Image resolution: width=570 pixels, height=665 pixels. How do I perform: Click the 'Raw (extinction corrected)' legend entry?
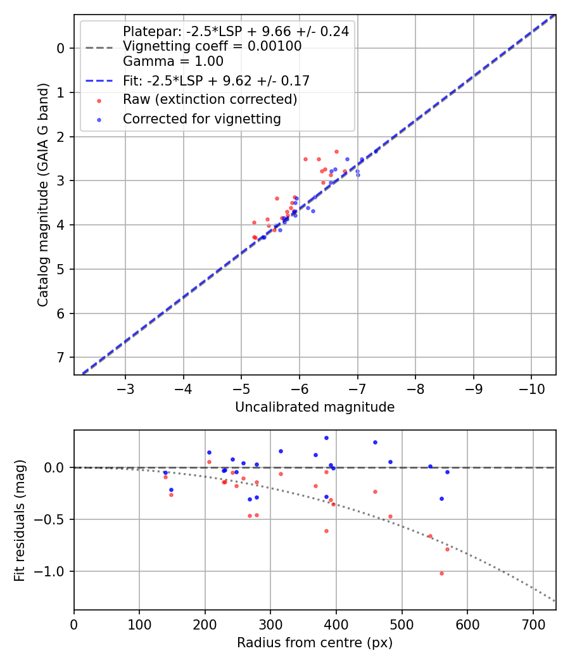coord(210,99)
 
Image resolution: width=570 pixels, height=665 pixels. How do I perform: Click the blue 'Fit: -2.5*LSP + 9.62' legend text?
coord(216,81)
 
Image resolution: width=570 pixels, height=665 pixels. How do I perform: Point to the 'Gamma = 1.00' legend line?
coord(173,61)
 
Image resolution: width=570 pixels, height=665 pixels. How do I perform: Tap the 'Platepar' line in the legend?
coord(236,31)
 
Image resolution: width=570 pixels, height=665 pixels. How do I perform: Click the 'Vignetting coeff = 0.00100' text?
coord(212,46)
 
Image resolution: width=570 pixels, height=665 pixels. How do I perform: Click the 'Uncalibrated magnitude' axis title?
coord(315,407)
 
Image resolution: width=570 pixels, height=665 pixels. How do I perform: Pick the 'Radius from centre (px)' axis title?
coord(315,643)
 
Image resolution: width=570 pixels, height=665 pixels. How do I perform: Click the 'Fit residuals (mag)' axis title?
coord(20,520)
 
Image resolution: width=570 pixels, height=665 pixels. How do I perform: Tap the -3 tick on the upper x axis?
coord(125,387)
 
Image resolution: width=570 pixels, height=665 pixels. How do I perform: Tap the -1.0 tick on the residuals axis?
coord(56,572)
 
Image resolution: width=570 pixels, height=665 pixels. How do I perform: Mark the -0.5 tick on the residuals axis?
coord(56,520)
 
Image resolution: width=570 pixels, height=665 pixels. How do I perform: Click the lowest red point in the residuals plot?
coord(441,573)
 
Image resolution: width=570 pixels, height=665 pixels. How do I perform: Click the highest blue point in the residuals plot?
coord(326,438)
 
